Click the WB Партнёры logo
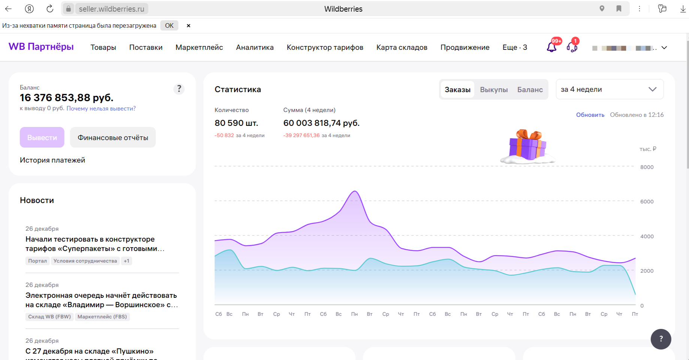point(41,47)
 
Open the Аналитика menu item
point(255,48)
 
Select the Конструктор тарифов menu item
point(325,48)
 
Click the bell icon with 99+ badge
point(551,47)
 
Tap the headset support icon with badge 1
point(572,47)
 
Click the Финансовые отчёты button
point(113,137)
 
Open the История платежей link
point(52,160)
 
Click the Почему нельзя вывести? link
point(101,109)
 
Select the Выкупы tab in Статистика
point(494,90)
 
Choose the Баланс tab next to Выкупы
point(530,90)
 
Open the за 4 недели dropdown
point(610,89)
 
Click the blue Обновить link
point(590,115)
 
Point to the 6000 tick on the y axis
point(647,202)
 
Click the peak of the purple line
point(355,191)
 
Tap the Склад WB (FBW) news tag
point(49,317)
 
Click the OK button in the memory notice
point(169,25)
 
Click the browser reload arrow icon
point(49,9)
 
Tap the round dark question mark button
point(661,339)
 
